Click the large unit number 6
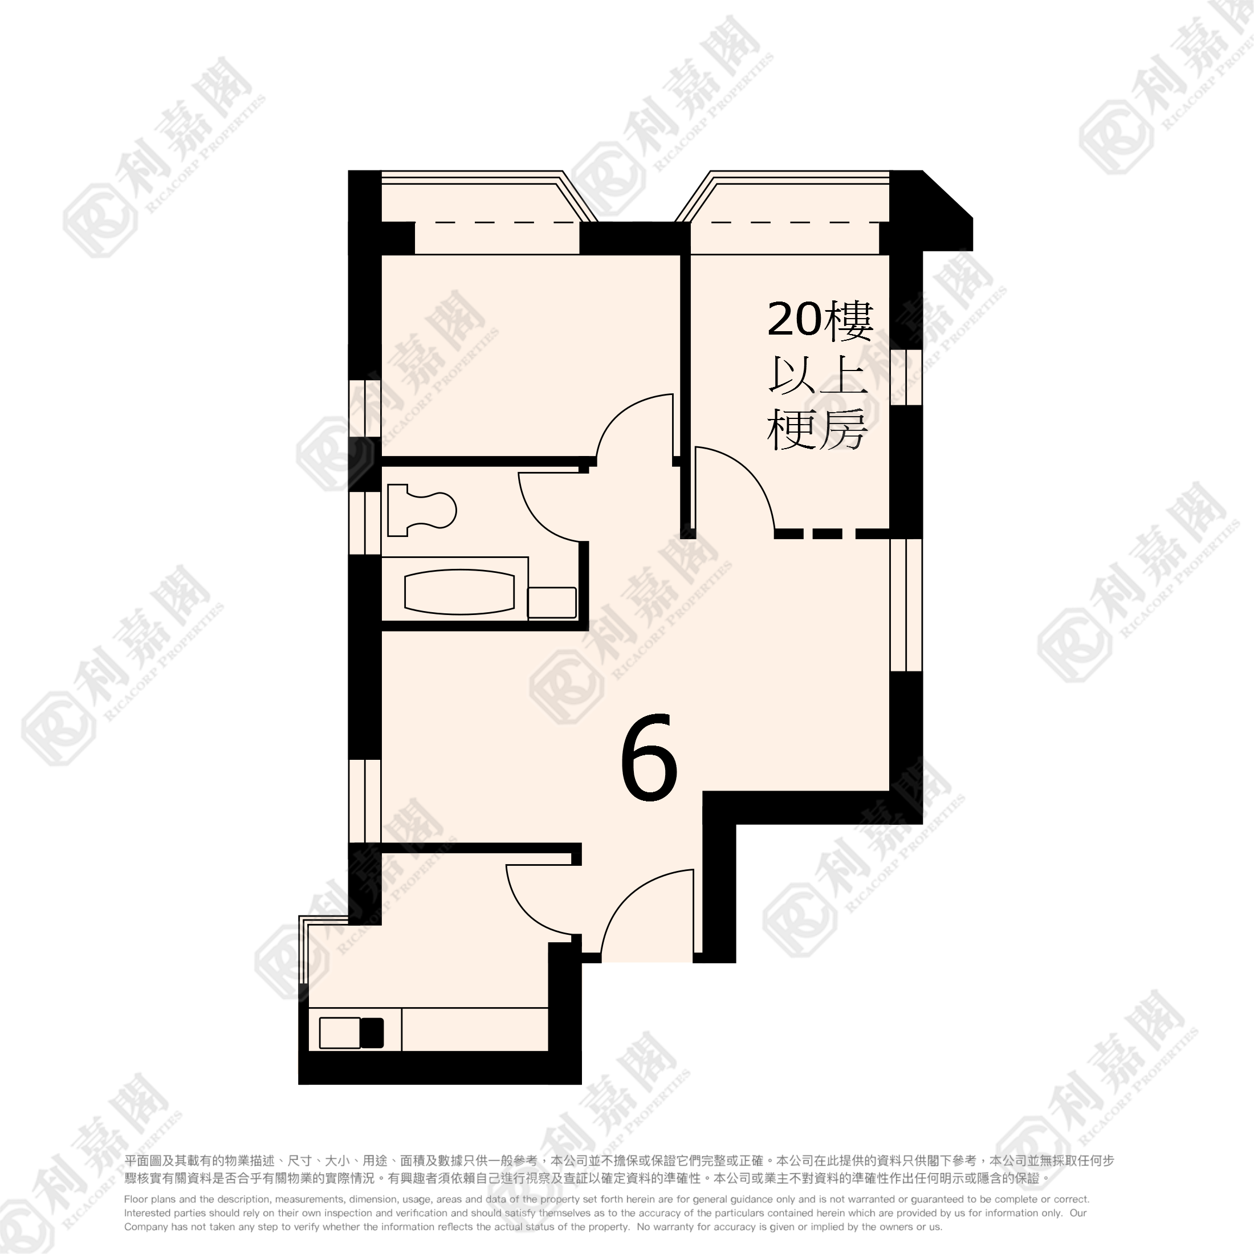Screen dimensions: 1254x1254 pos(649,756)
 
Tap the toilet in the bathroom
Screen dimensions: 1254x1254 pos(422,510)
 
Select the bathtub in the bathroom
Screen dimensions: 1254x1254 pos(459,591)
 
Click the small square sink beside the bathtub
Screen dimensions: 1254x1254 pos(552,602)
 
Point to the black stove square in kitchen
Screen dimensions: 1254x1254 pos(372,1033)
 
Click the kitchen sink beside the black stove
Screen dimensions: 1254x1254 pos(340,1033)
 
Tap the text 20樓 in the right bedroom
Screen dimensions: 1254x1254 pos(820,319)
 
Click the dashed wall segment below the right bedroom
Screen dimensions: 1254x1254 pos(832,534)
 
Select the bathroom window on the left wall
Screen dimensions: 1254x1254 pos(365,523)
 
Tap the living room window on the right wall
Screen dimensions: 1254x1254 pos(906,604)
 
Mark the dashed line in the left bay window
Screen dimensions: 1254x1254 pos(506,223)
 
